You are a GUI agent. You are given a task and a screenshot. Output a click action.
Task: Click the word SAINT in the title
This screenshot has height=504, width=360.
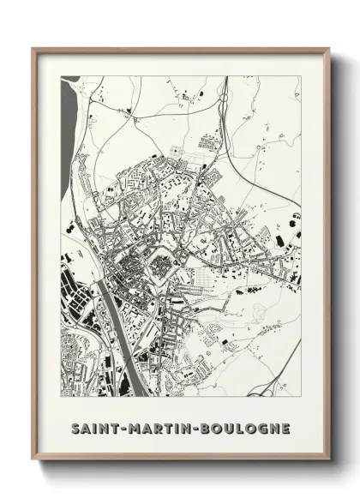click(x=93, y=427)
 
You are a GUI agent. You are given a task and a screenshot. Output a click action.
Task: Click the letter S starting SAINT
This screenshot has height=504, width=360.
click(x=75, y=427)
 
